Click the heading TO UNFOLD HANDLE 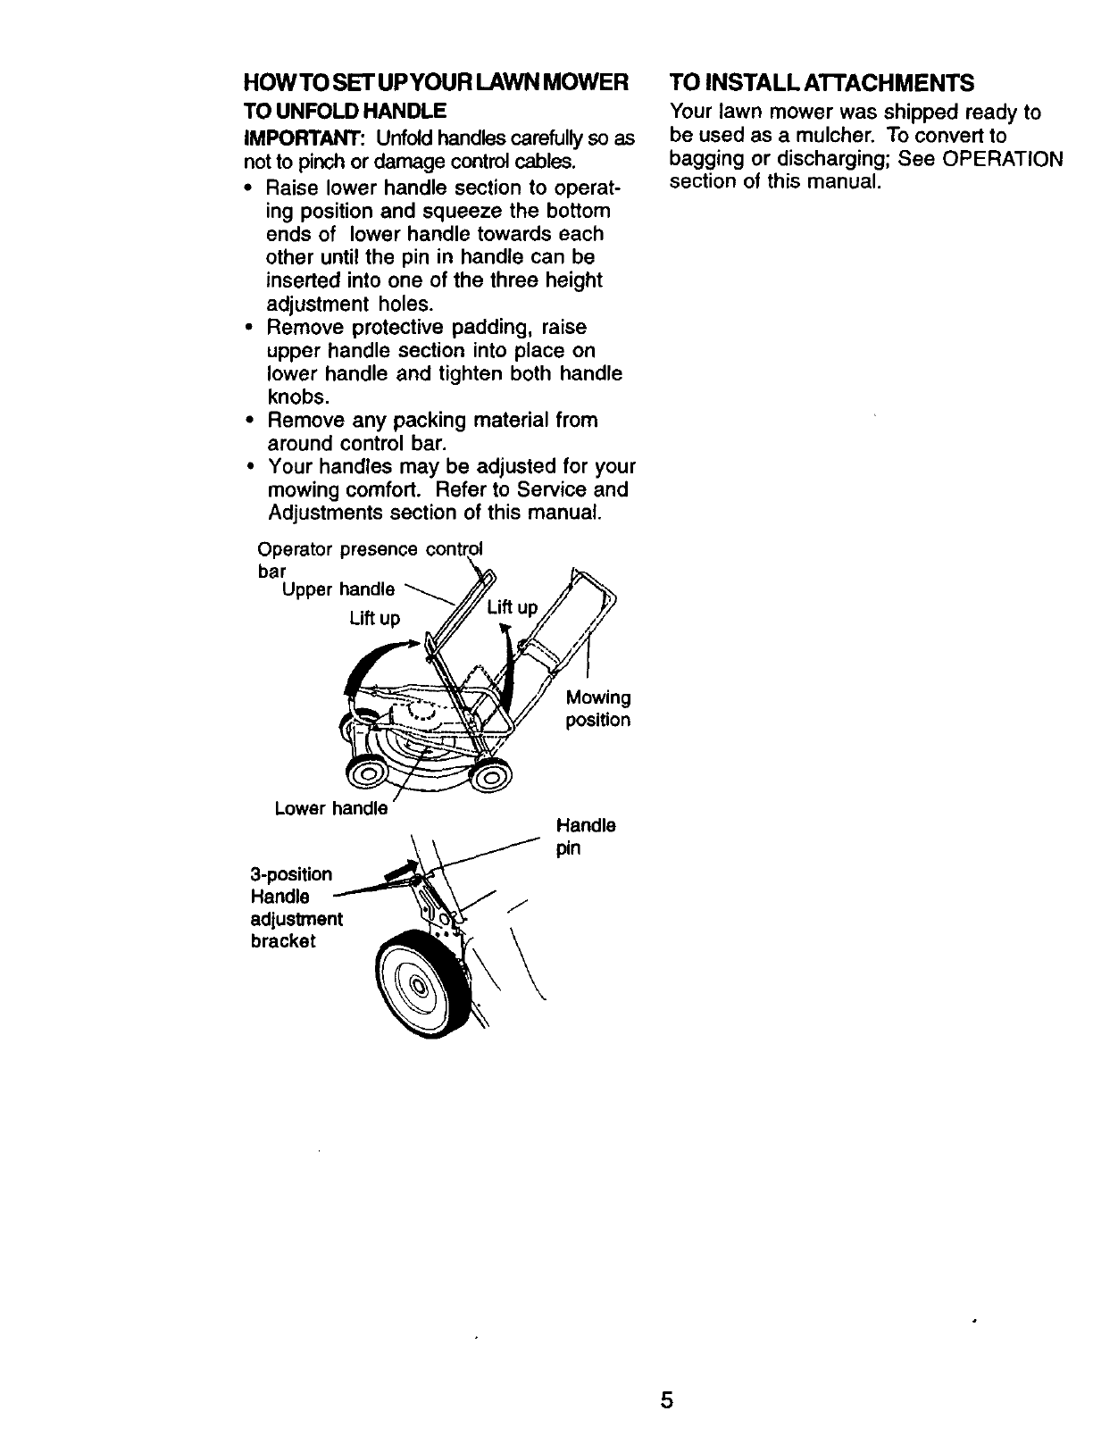pos(345,113)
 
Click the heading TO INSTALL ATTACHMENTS pos(822,83)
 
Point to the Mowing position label pos(598,708)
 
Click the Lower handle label pos(331,808)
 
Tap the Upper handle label pos(338,589)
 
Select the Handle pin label pos(585,836)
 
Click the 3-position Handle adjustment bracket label pos(296,907)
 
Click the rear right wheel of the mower pos(494,779)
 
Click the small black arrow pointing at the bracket pos(399,869)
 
